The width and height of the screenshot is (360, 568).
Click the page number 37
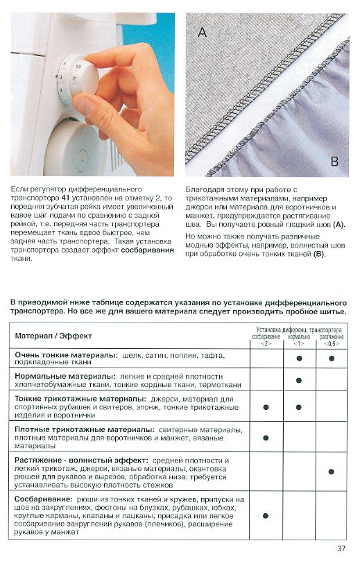tap(341, 548)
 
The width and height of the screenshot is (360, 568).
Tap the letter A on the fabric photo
tap(202, 32)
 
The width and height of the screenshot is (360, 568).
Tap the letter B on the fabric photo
tap(334, 161)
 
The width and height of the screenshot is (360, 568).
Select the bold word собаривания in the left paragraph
tap(148, 250)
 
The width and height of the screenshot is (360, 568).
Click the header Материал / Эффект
tap(53, 336)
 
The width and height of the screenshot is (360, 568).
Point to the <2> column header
tap(266, 343)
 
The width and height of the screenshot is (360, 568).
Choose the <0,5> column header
tap(332, 343)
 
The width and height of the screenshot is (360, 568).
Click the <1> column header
tap(298, 343)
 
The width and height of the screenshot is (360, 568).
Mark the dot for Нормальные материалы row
tap(299, 380)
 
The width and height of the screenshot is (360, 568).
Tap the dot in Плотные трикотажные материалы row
tap(266, 438)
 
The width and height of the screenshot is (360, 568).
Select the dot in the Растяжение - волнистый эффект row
tap(331, 472)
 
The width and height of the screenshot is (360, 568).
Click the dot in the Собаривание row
tap(266, 516)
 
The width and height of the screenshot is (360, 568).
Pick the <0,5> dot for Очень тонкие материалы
tap(332, 359)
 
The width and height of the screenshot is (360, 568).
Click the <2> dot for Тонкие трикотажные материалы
tap(266, 407)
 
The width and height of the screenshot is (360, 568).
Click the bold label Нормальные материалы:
tap(65, 377)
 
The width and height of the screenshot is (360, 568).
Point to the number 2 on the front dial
tap(74, 79)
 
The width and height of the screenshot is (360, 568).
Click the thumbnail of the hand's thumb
tap(84, 104)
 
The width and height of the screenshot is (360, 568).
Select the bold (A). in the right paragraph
tap(339, 225)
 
